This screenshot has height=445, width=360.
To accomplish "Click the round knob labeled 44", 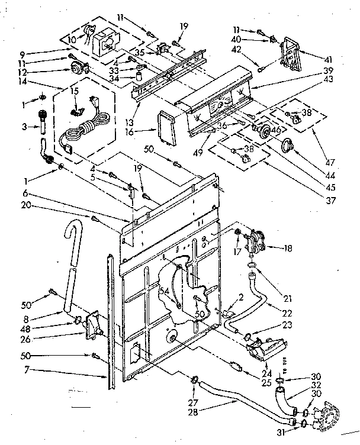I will (x=288, y=145).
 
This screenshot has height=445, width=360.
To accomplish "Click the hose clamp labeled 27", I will (x=194, y=379).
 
